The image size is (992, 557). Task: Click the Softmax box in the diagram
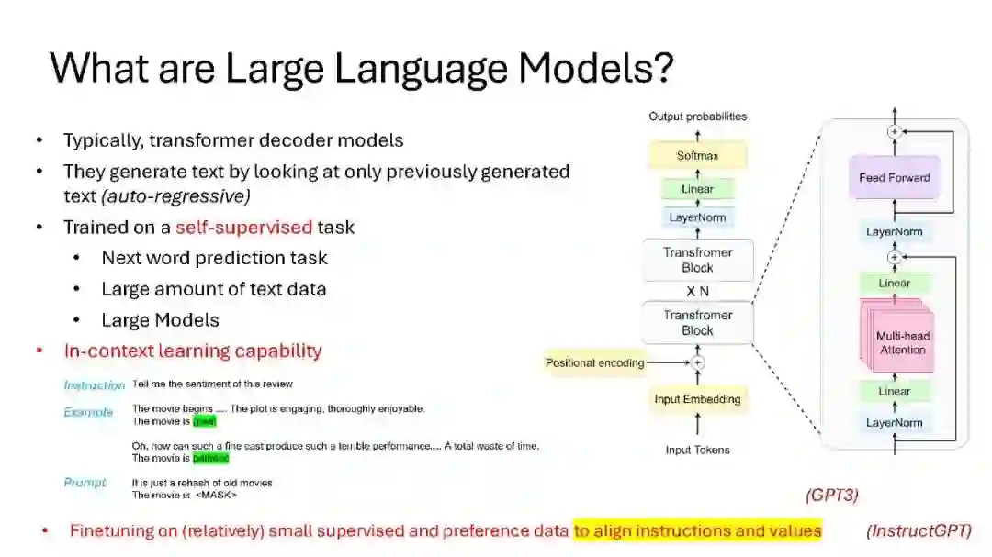(697, 156)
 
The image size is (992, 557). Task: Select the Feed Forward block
(894, 178)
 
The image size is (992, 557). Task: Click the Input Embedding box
(697, 399)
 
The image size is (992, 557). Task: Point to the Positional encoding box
(595, 362)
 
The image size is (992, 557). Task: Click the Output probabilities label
(697, 117)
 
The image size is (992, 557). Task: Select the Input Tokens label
(697, 450)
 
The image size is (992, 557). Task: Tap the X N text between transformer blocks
(697, 291)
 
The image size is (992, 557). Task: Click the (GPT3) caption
(831, 496)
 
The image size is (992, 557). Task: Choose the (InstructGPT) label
(918, 530)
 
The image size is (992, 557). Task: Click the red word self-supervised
(243, 227)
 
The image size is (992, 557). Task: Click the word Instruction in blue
(94, 384)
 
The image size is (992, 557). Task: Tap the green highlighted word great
(204, 421)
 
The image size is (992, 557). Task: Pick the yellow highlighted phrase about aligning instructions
(697, 530)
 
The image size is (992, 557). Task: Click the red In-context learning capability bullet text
(193, 351)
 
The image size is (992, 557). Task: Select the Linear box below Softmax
(697, 189)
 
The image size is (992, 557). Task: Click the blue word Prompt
(85, 483)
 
